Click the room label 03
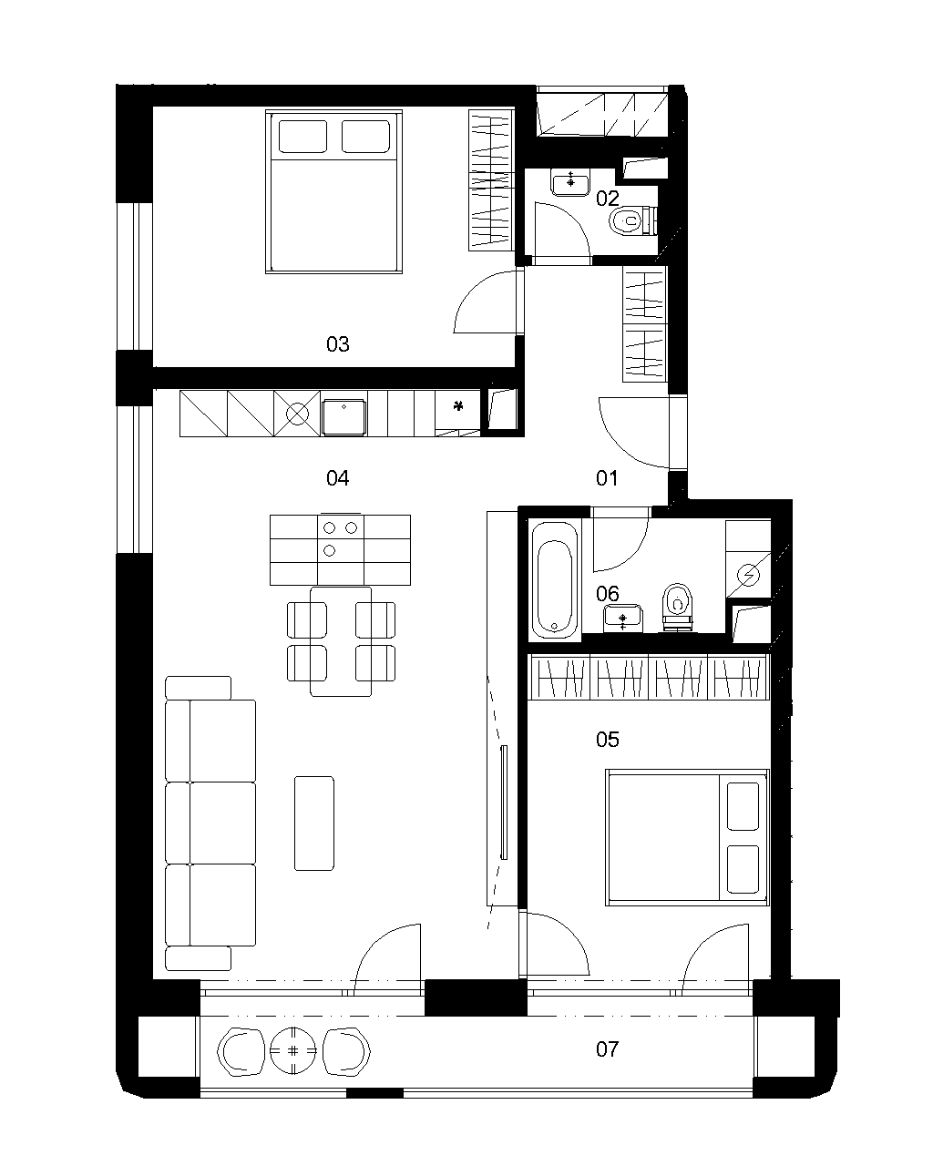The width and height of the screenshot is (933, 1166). click(x=337, y=344)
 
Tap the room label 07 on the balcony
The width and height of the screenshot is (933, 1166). click(x=607, y=1049)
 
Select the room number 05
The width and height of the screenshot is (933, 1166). click(x=607, y=740)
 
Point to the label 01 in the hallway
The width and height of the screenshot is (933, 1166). click(x=606, y=478)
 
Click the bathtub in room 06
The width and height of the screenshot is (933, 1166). click(x=554, y=579)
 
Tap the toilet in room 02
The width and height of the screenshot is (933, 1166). click(x=632, y=220)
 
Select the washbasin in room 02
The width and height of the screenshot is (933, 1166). click(x=570, y=182)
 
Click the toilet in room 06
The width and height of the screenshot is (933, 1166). click(x=677, y=607)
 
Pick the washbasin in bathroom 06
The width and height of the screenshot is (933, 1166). click(x=622, y=619)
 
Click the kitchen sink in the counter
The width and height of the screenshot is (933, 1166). click(x=343, y=417)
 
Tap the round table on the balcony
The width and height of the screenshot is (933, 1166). click(x=292, y=1050)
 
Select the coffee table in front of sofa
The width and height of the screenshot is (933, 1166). click(x=314, y=823)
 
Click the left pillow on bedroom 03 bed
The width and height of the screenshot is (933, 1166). click(x=302, y=137)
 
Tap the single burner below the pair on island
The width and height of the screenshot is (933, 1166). click(x=329, y=550)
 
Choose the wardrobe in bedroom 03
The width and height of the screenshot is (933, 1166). click(x=490, y=180)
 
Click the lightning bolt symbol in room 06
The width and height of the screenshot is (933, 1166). click(x=749, y=575)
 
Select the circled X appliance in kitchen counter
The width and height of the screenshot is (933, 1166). click(x=296, y=414)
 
